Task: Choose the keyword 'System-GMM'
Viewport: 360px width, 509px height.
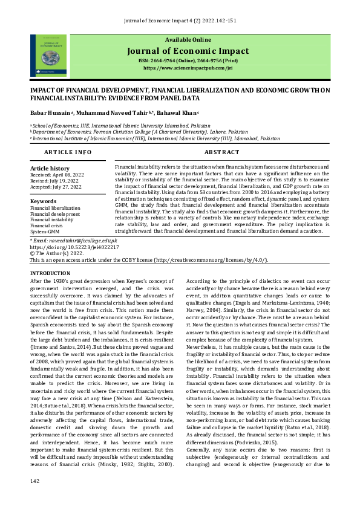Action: coord(45,232)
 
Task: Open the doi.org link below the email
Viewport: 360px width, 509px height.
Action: coord(74,247)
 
